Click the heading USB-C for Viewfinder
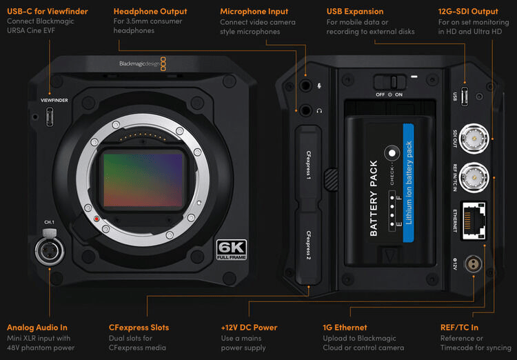pyautogui.click(x=48, y=12)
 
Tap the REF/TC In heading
pyautogui.click(x=459, y=328)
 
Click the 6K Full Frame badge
pyautogui.click(x=232, y=250)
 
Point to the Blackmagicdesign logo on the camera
pyautogui.click(x=138, y=63)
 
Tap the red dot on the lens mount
pyautogui.click(x=98, y=220)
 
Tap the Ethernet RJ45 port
pyautogui.click(x=472, y=219)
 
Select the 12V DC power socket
pyautogui.click(x=474, y=263)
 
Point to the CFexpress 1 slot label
pyautogui.click(x=309, y=165)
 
